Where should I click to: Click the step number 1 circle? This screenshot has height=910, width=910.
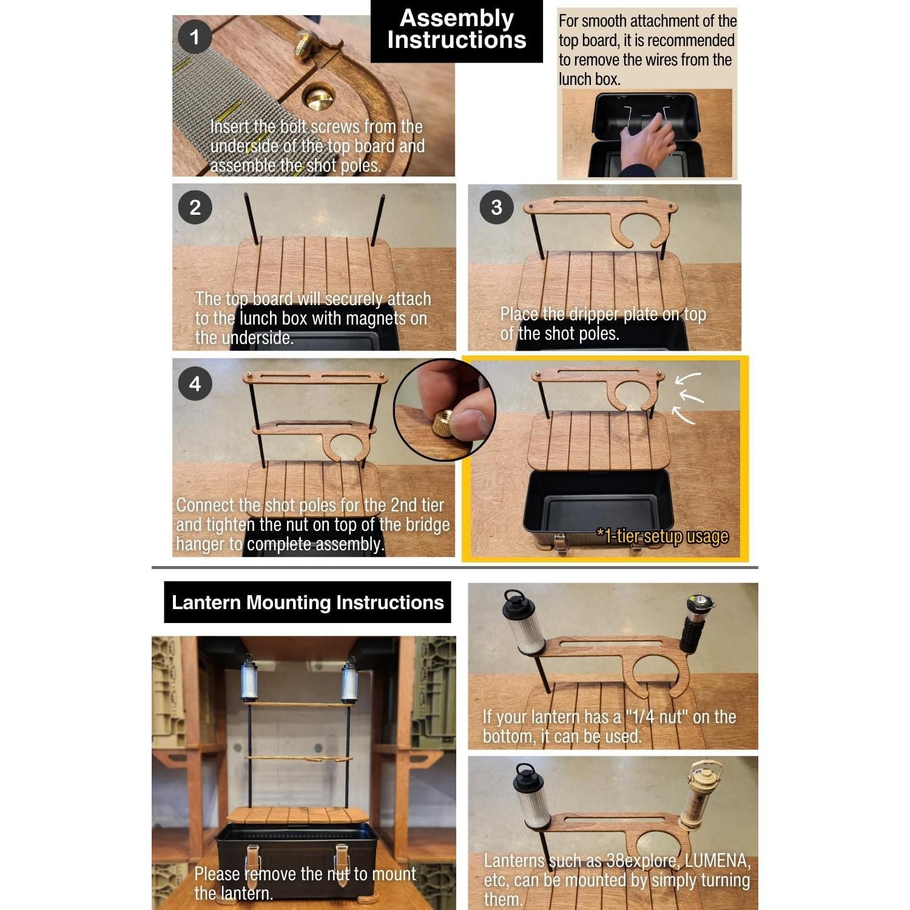tap(195, 37)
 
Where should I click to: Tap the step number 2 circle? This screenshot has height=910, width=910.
tap(195, 207)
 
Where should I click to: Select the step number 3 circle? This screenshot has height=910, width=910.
tap(496, 207)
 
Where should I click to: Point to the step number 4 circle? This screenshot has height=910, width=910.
tap(195, 383)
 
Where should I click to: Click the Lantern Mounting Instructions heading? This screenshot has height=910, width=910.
tap(308, 602)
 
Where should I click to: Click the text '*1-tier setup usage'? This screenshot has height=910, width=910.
tap(662, 536)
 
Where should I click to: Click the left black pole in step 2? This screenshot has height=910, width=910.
tap(251, 219)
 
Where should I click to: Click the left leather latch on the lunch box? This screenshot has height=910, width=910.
tap(253, 864)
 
